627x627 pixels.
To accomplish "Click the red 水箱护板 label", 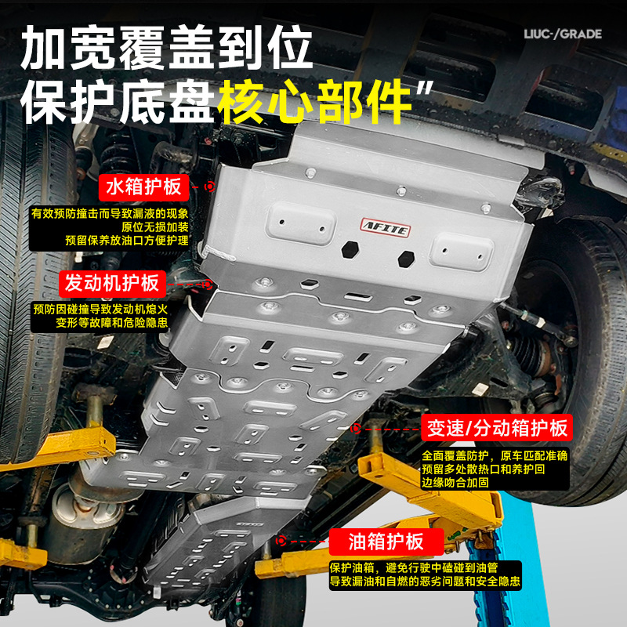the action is (143, 187).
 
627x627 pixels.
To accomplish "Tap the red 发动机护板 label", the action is (112, 284).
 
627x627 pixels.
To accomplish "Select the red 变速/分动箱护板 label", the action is (497, 427).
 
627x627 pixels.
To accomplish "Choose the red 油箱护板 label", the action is (386, 542).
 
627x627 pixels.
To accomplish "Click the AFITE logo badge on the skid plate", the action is (386, 228).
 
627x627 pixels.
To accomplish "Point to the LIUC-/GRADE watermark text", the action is (563, 34).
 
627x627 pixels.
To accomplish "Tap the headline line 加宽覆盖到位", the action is (166, 48).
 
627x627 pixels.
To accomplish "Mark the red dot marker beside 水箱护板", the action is (209, 187).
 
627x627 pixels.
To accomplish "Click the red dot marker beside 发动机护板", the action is (207, 285).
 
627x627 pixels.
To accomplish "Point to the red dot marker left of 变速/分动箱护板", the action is (356, 428).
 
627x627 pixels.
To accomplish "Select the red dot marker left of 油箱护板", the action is (281, 541).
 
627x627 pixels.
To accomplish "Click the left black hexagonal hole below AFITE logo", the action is (350, 249).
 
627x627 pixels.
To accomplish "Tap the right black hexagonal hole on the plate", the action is (406, 259).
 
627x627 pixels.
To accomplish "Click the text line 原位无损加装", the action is (155, 227).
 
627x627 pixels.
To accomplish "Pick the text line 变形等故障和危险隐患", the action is (111, 322).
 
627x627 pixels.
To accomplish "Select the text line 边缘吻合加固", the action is (455, 482).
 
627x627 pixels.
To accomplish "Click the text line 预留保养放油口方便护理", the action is (127, 241).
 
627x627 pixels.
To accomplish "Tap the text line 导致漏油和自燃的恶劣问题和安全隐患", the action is (425, 581).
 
